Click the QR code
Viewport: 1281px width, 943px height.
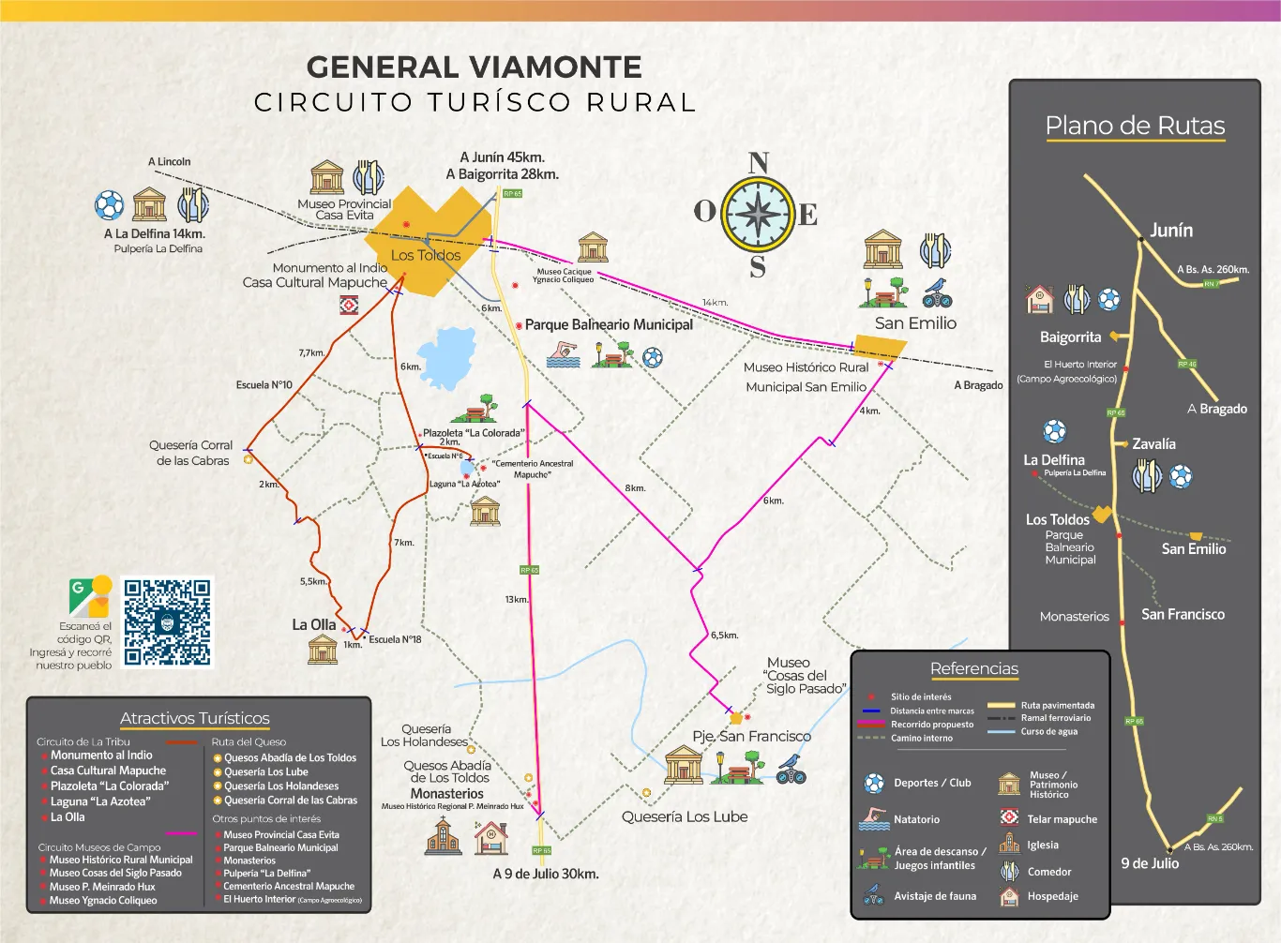coord(168,621)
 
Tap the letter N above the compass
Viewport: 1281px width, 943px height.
coord(759,163)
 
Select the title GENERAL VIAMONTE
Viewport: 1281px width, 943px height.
coord(475,67)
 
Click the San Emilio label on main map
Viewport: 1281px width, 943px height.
coord(915,323)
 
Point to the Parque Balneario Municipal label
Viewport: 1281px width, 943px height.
coord(609,324)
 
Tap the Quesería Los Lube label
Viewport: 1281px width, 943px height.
coord(685,816)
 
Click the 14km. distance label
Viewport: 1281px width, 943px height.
coord(715,303)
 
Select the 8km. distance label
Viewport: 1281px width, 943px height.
coord(635,488)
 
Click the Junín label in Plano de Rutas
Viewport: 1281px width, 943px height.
coord(1171,231)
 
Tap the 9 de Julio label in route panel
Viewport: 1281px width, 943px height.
coord(1150,863)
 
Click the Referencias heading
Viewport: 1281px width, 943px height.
coord(973,668)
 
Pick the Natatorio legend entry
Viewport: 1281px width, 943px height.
coord(916,819)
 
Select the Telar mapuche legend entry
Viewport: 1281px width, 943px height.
coord(1062,819)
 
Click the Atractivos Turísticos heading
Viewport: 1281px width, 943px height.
coord(195,718)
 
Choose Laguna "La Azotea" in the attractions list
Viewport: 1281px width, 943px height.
coord(100,801)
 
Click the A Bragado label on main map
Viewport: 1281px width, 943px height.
coord(978,385)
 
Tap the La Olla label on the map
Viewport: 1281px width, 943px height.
coord(313,624)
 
